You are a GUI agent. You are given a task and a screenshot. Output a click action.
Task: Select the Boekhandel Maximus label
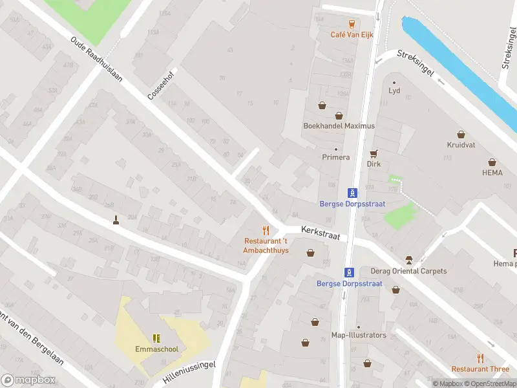(x=339, y=126)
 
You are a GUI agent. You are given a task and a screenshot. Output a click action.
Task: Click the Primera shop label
(x=335, y=157)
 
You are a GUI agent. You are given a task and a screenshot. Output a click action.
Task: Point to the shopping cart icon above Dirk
(x=374, y=154)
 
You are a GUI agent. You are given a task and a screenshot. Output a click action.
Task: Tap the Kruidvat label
(x=461, y=145)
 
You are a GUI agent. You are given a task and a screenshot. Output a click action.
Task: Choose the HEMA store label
(x=492, y=173)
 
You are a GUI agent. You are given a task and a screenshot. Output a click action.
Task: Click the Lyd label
(x=394, y=91)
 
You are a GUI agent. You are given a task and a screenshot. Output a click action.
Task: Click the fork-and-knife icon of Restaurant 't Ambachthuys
(x=266, y=230)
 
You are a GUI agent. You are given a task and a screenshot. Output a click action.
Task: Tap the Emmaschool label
(x=156, y=349)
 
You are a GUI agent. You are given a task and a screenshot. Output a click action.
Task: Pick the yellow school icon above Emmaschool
(x=156, y=338)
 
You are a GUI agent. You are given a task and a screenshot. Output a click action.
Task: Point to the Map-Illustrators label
(x=358, y=335)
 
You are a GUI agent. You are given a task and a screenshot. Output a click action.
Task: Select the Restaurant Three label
(x=480, y=369)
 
